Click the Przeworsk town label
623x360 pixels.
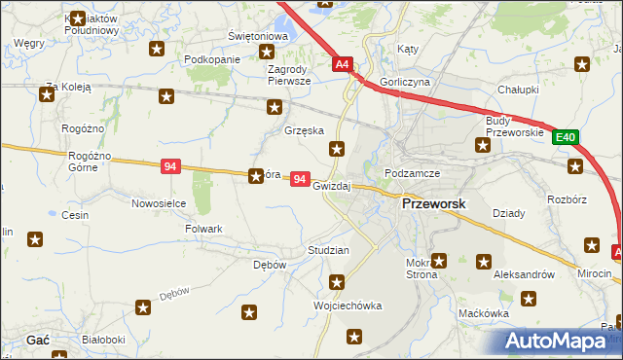(x=434, y=205)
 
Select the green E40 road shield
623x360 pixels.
(x=568, y=138)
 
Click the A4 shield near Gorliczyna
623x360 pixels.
(x=342, y=65)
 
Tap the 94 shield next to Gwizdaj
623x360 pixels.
(x=301, y=181)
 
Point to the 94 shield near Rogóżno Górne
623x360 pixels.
(x=171, y=167)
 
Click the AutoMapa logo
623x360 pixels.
(x=560, y=342)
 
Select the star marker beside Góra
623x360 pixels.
(x=256, y=176)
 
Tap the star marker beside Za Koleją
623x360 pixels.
(x=46, y=94)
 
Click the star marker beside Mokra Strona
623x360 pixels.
(x=439, y=260)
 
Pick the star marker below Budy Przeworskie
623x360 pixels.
(x=482, y=146)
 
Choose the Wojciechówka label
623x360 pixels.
(x=346, y=306)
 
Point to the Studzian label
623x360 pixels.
(x=328, y=250)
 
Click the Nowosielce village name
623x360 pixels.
(x=159, y=203)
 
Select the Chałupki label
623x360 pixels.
(x=518, y=89)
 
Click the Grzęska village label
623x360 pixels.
(x=304, y=129)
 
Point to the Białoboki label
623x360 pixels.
(x=104, y=340)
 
